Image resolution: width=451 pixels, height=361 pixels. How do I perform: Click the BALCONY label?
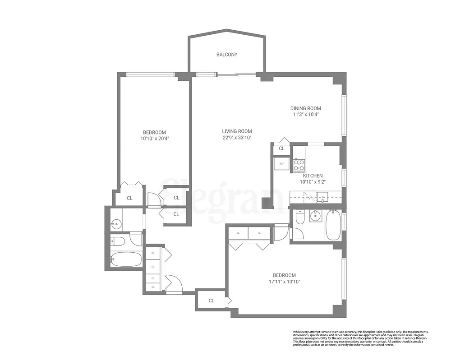(x=226, y=55)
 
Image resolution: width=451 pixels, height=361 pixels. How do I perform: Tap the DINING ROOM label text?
(x=305, y=108)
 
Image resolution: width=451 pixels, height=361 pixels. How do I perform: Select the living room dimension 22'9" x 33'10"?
(x=237, y=138)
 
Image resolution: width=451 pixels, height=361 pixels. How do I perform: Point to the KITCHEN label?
(x=313, y=176)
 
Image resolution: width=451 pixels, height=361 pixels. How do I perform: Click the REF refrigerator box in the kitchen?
(x=281, y=163)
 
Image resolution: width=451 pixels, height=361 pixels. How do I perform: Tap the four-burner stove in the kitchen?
(x=299, y=165)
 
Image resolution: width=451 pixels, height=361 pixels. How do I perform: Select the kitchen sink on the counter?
(x=322, y=196)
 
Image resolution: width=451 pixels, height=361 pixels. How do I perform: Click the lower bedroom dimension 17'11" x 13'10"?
(x=284, y=282)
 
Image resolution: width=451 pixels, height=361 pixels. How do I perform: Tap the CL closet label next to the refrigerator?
(x=281, y=148)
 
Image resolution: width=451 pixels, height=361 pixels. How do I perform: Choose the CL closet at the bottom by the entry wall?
(x=211, y=301)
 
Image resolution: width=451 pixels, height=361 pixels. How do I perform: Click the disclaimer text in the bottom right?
(x=360, y=338)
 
